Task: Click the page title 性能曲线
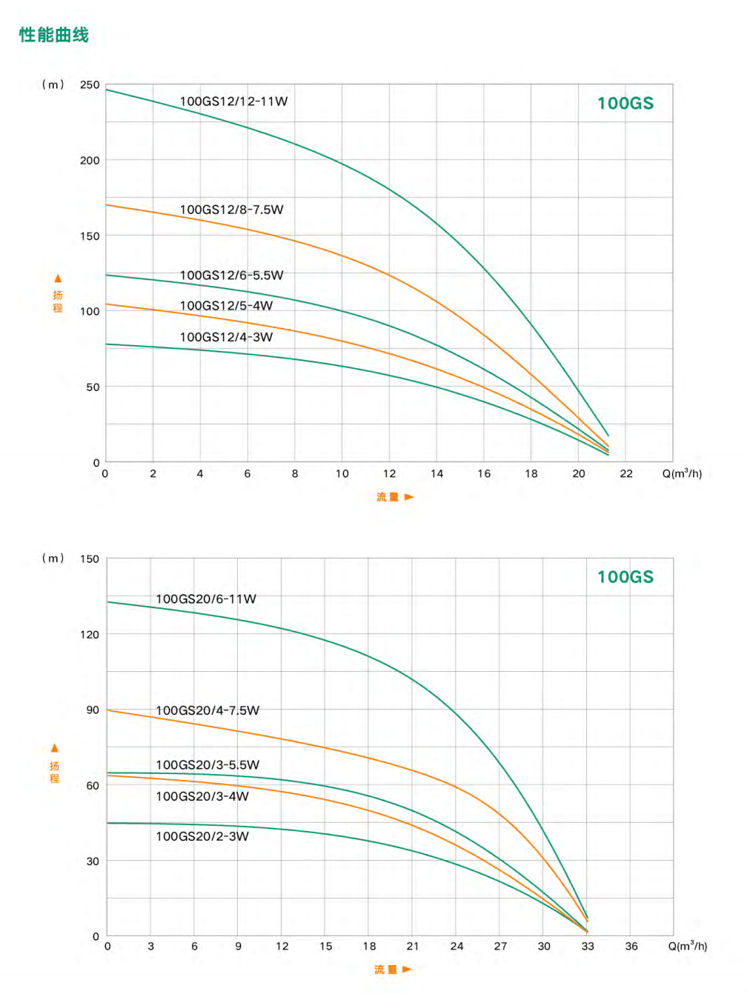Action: tap(54, 35)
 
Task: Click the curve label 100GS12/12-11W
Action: tap(233, 101)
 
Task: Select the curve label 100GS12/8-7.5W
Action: tap(231, 210)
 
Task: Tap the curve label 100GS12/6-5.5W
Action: tap(231, 276)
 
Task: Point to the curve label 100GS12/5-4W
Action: tap(226, 306)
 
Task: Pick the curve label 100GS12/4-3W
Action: tap(226, 337)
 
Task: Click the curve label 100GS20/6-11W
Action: tap(205, 599)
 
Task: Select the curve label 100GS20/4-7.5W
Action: tap(207, 710)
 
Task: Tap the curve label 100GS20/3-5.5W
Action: tap(207, 765)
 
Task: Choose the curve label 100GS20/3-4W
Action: tap(202, 796)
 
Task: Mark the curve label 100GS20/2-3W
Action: tap(202, 836)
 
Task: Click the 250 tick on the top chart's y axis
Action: tap(90, 85)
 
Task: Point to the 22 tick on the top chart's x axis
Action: tap(626, 474)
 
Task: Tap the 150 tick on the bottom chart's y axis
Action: tap(90, 559)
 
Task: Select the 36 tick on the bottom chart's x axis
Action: tap(631, 947)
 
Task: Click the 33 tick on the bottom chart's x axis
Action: tap(588, 947)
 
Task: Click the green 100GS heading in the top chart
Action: tap(625, 104)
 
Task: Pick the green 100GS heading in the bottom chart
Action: tap(625, 577)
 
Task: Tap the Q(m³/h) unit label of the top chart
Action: tap(682, 473)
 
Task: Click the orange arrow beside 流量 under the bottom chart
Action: tap(407, 969)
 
